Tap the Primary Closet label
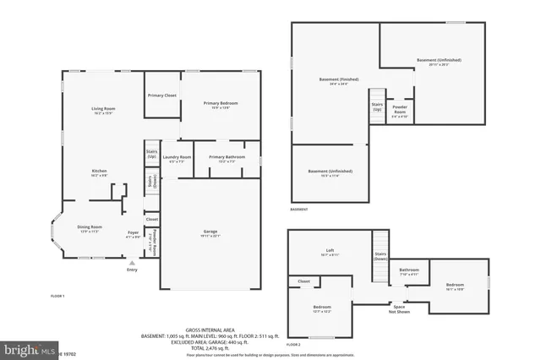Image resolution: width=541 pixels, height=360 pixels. click(161, 95)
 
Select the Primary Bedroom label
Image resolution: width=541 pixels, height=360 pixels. click(217, 104)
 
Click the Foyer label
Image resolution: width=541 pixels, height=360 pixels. click(133, 232)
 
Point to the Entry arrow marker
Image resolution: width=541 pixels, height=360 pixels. click(132, 263)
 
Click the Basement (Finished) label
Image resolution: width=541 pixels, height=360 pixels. click(334, 80)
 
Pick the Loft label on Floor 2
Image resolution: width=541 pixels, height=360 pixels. click(331, 250)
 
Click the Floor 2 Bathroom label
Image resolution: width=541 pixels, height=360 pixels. click(408, 270)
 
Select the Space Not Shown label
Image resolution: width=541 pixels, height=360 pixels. click(398, 309)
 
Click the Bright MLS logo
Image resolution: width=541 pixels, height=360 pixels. click(30, 348)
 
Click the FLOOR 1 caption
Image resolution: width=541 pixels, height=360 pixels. click(57, 296)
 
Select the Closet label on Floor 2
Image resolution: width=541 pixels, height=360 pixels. click(303, 281)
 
